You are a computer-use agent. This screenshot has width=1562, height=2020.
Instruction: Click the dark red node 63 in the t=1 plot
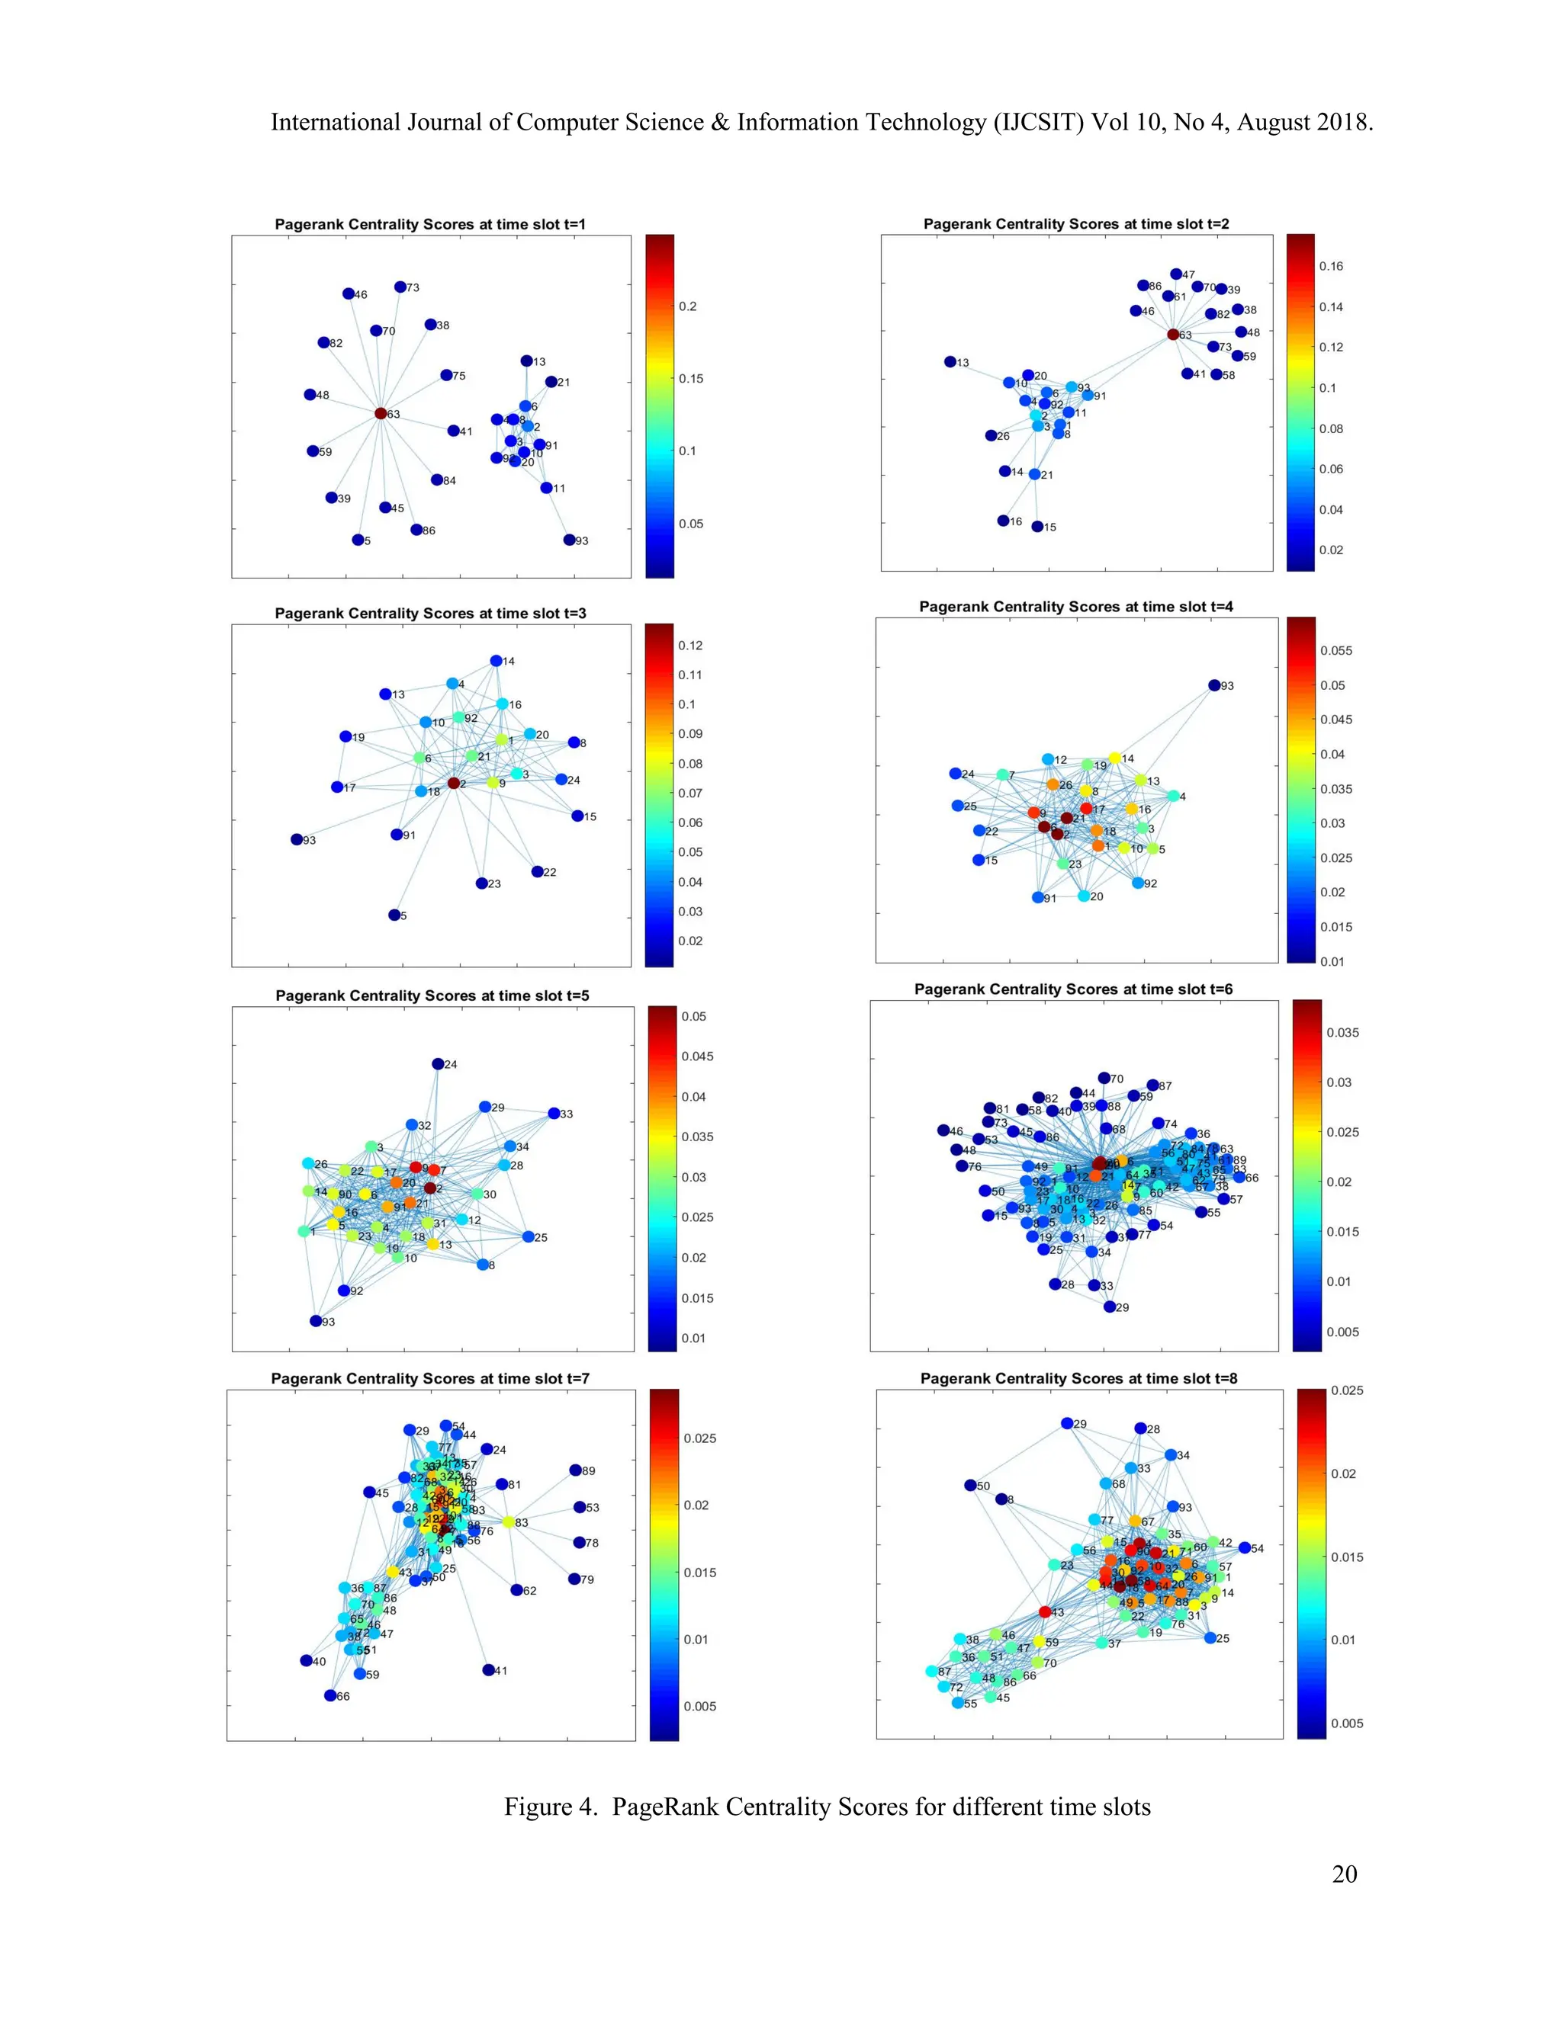click(x=381, y=413)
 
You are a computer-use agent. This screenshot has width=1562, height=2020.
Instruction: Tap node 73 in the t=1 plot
click(x=400, y=287)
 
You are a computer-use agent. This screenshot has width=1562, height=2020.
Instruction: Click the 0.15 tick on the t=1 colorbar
click(x=690, y=378)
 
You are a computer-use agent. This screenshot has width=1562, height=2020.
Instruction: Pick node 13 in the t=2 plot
click(x=950, y=361)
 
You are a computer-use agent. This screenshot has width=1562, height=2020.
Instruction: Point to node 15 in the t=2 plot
click(x=1037, y=526)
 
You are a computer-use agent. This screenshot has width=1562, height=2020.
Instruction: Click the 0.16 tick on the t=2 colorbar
click(x=1331, y=266)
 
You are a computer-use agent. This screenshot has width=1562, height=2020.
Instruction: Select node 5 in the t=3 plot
click(x=394, y=915)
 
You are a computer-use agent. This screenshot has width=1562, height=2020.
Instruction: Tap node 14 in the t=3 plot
click(x=496, y=660)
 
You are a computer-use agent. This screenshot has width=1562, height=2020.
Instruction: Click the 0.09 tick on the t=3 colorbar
click(x=690, y=733)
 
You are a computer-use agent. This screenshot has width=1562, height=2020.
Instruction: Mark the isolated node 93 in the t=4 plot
click(x=1214, y=685)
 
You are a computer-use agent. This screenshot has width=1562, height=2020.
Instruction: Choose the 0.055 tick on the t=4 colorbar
click(x=1335, y=650)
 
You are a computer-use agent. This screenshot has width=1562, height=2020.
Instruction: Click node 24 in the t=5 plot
click(x=439, y=1063)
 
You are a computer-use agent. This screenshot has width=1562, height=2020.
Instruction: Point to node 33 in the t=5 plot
click(x=554, y=1113)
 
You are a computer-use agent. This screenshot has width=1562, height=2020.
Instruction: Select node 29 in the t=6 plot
click(x=1110, y=1306)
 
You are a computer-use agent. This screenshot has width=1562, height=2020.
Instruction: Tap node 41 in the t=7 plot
click(x=489, y=1669)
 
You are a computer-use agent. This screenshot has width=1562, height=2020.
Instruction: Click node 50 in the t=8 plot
click(x=971, y=1486)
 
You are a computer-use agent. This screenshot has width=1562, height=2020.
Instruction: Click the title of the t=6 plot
click(x=1073, y=989)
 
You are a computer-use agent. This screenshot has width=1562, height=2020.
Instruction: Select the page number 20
click(x=1345, y=1874)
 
